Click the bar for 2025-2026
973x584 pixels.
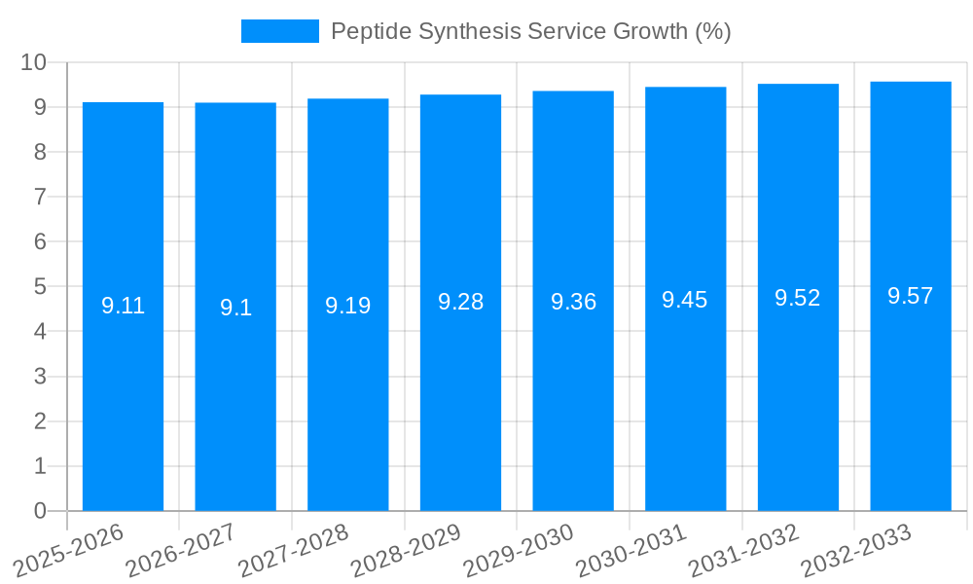click(x=123, y=389)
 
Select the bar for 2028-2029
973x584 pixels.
click(x=460, y=389)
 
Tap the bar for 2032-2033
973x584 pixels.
click(x=911, y=389)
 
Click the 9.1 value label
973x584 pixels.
click(x=235, y=308)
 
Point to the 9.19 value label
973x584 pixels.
click(x=347, y=306)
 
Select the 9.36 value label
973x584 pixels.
click(x=573, y=302)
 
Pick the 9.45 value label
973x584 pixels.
click(x=685, y=300)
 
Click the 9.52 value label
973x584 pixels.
click(x=798, y=298)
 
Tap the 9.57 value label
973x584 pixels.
click(x=911, y=296)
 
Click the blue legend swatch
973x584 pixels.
click(x=280, y=31)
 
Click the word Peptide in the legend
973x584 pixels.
click(x=370, y=31)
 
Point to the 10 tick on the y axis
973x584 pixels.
click(x=34, y=62)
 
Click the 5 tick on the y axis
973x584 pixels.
click(x=40, y=287)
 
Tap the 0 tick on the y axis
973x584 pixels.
click(x=40, y=511)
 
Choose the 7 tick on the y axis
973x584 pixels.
click(x=40, y=197)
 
